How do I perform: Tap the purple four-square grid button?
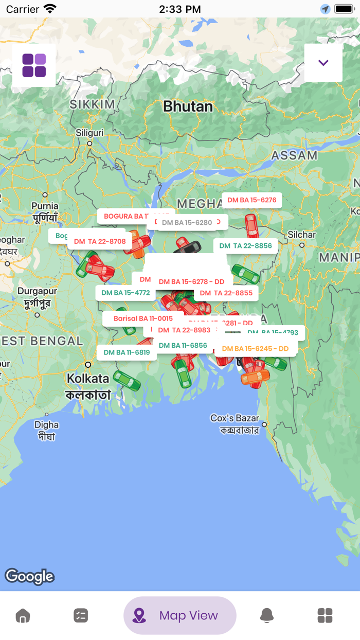34,65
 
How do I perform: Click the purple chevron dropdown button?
323,63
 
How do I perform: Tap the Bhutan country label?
188,106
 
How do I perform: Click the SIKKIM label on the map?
93,104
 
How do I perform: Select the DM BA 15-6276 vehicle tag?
251,200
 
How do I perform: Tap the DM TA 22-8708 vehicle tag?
100,241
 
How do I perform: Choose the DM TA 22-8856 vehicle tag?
245,246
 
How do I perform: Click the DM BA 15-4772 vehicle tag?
125,293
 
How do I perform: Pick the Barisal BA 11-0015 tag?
143,318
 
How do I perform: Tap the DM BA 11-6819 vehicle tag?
127,352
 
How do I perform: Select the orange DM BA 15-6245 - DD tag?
255,349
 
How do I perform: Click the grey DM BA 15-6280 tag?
187,223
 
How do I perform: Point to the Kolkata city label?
88,379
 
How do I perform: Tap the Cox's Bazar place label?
235,418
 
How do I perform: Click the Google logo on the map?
29,577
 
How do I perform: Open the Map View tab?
179,615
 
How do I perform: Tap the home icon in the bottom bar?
23,615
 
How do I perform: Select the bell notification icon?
266,615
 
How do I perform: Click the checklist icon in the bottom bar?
81,615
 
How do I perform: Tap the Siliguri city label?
89,133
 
